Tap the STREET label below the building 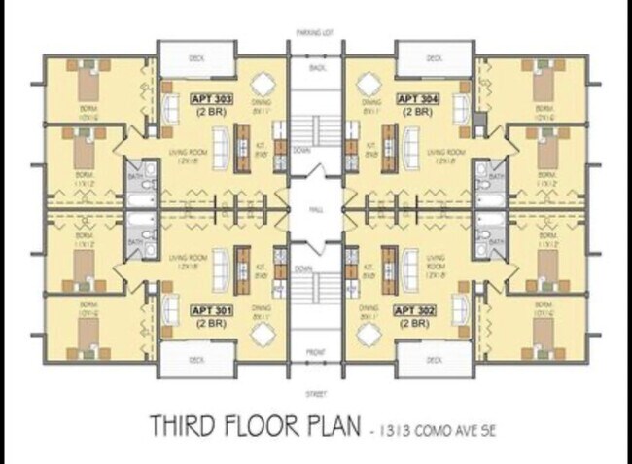316,394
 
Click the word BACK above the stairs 316,67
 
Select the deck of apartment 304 434,57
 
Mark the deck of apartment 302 434,360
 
